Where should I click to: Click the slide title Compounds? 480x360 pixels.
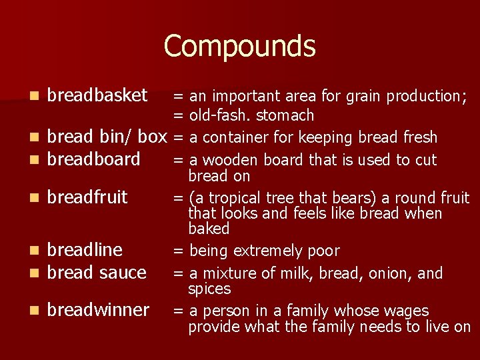tap(239, 46)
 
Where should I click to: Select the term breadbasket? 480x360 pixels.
tap(98, 96)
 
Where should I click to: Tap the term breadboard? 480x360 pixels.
tap(94, 159)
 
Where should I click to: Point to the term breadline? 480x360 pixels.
tap(85, 250)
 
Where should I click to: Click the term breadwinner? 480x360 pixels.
tap(99, 310)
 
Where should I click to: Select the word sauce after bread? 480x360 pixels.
tap(122, 273)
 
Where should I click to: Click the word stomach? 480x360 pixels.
tap(285, 116)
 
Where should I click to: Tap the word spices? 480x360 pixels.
tap(209, 289)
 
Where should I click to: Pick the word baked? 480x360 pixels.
tap(209, 229)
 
